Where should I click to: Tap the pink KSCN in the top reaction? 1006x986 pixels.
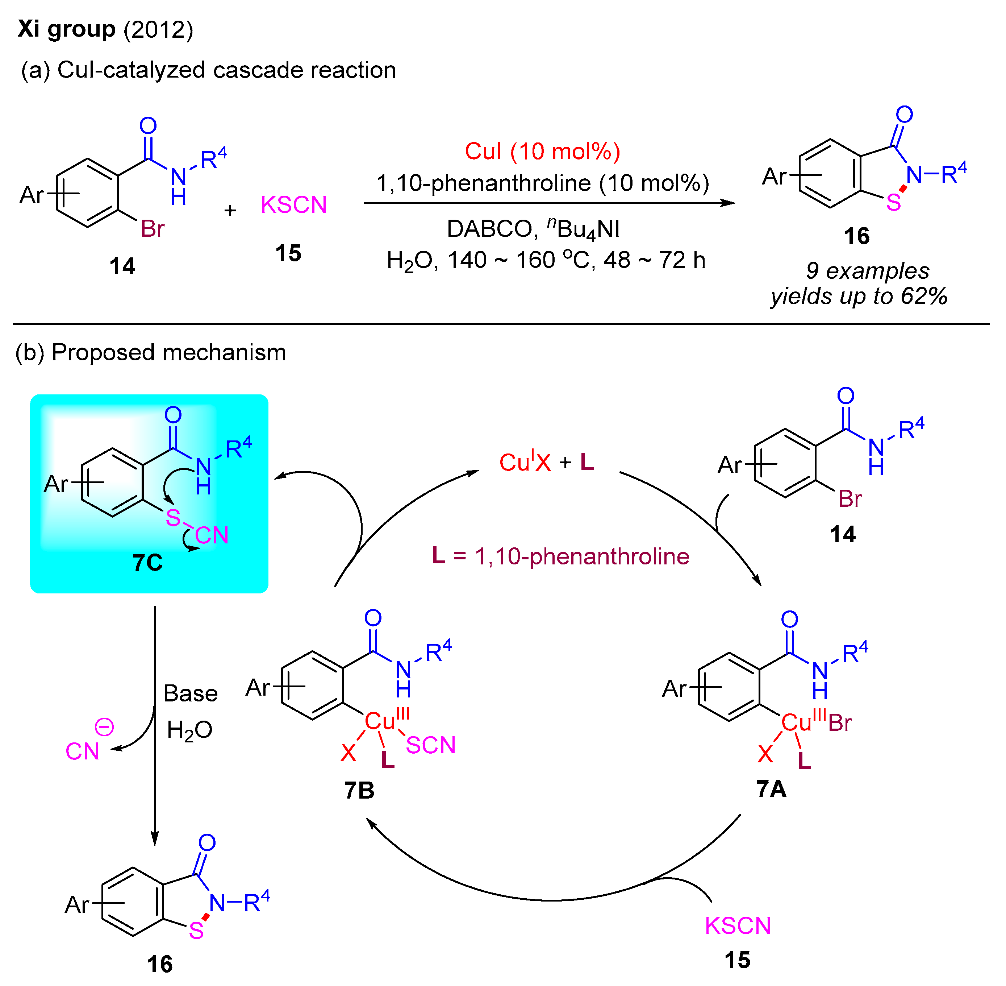coord(293,205)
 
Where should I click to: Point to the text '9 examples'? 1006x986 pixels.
coord(867,271)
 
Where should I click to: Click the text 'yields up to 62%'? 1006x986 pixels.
coord(859,296)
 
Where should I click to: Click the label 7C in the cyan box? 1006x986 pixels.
coord(147,563)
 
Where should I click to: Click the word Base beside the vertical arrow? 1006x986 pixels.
coord(191,694)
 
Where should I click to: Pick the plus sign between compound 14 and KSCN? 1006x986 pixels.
coord(230,211)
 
